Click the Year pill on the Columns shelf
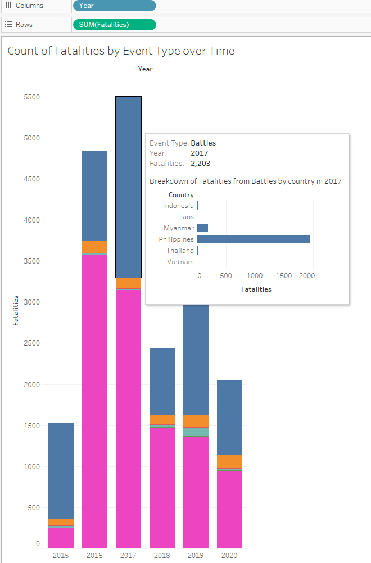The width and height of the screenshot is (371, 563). (x=114, y=6)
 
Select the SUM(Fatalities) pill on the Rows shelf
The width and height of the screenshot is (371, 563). (x=114, y=25)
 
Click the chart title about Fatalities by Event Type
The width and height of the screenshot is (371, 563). (x=121, y=51)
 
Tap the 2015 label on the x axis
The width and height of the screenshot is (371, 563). (x=61, y=555)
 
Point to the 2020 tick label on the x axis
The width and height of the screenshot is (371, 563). (x=229, y=555)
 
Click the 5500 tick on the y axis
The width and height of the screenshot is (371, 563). (x=31, y=97)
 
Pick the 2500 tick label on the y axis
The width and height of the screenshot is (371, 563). (x=31, y=343)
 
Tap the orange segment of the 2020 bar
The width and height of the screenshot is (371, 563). (x=229, y=461)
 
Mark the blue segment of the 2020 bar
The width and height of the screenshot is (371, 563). (x=229, y=417)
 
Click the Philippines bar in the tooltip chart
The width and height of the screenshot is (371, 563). (x=254, y=239)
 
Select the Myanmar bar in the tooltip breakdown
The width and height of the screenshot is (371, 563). (x=203, y=228)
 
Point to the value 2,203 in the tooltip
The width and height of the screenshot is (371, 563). (x=201, y=164)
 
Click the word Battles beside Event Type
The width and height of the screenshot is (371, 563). (x=203, y=143)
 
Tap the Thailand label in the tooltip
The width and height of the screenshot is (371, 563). (x=180, y=251)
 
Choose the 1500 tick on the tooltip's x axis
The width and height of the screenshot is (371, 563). (x=285, y=276)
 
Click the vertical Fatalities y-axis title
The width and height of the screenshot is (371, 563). (x=16, y=310)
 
